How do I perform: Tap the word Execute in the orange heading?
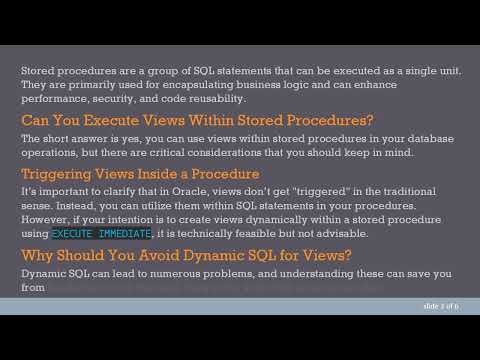tap(101, 120)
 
